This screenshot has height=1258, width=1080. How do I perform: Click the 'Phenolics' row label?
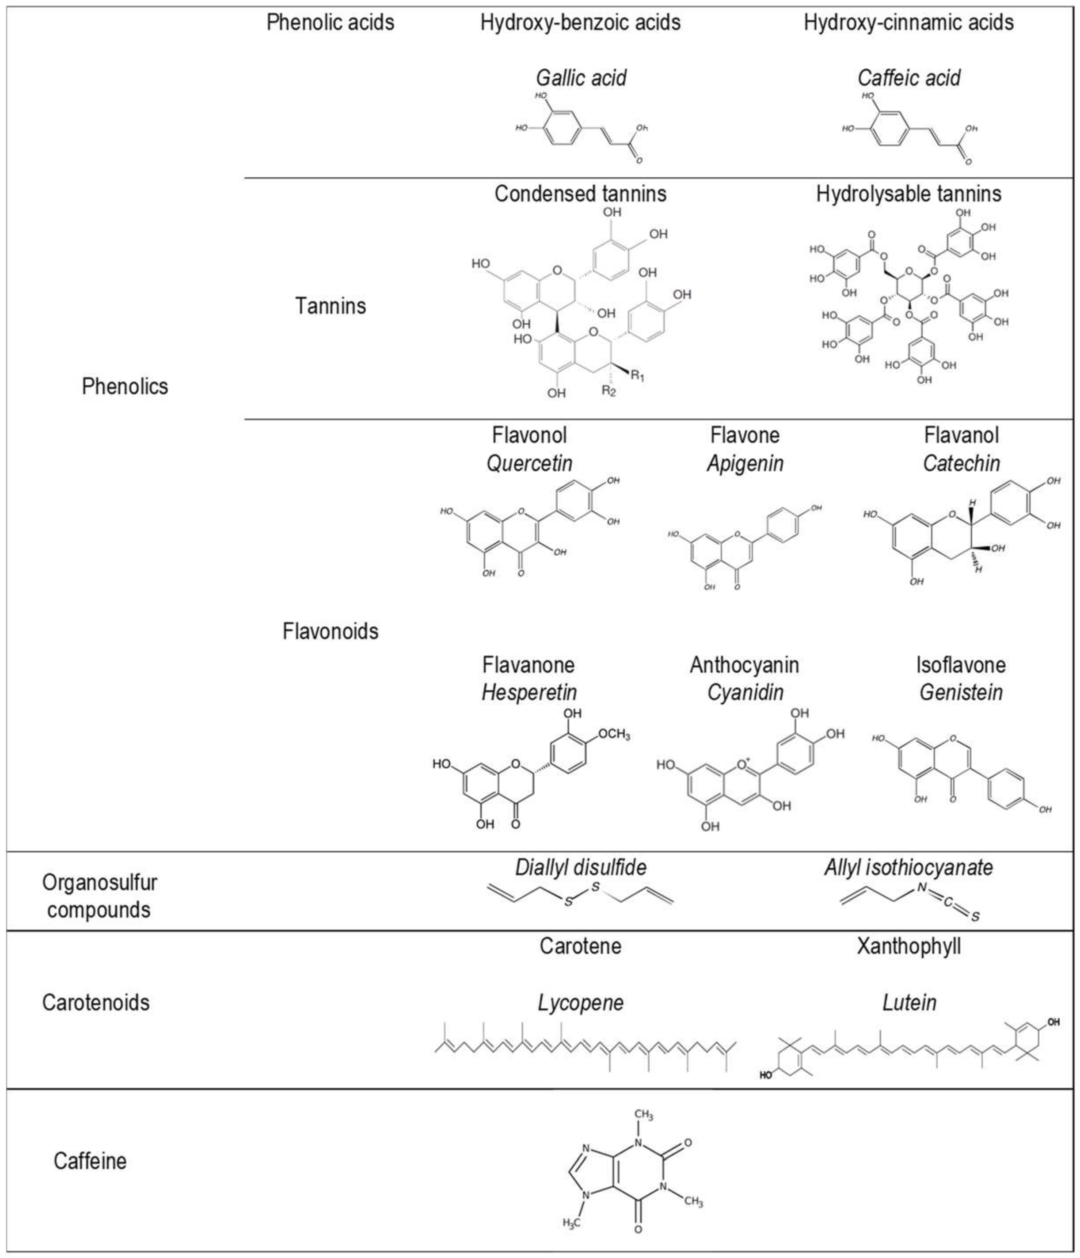[125, 386]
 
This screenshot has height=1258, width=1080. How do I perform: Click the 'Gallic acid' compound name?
[581, 78]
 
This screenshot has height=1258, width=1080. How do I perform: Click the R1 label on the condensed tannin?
[637, 376]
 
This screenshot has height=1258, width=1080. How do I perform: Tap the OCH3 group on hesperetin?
[614, 735]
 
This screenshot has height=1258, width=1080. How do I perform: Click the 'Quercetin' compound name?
[529, 463]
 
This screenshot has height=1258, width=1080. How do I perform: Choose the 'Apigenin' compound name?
[745, 463]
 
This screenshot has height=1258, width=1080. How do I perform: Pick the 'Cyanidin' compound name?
[745, 692]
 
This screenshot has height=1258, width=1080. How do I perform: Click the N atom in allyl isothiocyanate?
[921, 888]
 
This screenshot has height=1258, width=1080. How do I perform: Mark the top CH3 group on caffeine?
[643, 1115]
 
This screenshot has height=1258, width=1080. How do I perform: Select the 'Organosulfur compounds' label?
[99, 896]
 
